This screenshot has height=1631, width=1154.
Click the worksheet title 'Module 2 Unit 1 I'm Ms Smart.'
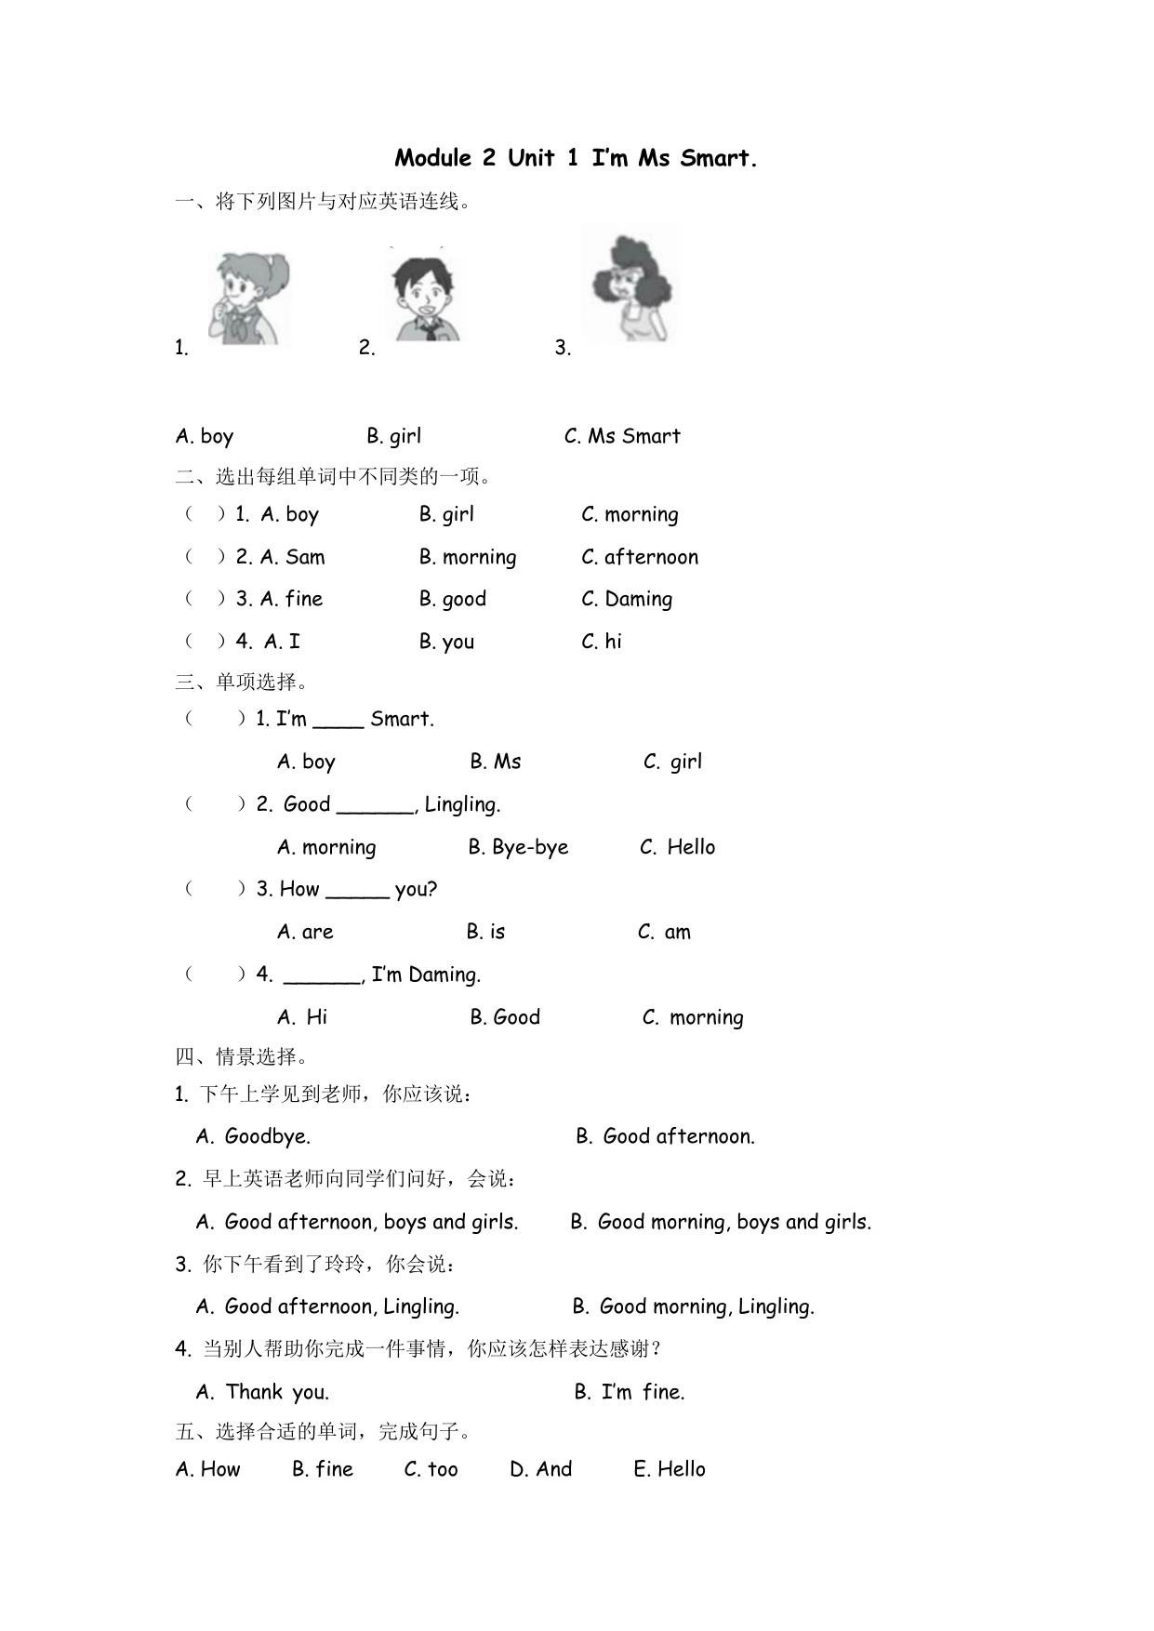click(x=576, y=158)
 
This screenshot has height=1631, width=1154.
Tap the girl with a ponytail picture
click(x=247, y=299)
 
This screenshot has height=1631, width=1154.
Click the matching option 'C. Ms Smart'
click(x=622, y=436)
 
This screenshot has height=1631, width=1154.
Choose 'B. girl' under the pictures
click(x=393, y=436)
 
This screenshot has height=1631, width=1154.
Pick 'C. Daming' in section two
click(x=627, y=599)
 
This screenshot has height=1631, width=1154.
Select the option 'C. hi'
click(x=602, y=642)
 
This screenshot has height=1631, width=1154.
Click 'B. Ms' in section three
click(x=496, y=762)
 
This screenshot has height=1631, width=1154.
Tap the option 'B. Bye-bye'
click(x=518, y=847)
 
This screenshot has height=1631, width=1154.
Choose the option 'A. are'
click(x=305, y=932)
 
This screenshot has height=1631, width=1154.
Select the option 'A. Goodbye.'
click(x=254, y=1136)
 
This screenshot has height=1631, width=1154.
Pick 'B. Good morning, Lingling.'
click(x=694, y=1306)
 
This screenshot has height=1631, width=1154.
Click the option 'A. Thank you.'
click(x=263, y=1392)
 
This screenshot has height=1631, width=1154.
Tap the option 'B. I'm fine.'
click(x=630, y=1392)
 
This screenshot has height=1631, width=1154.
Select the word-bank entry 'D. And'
click(x=541, y=1469)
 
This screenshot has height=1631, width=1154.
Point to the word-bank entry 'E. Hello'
click(x=670, y=1469)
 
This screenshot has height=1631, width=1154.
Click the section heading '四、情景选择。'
click(x=243, y=1056)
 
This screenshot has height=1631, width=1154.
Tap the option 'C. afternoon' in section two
click(x=640, y=557)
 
